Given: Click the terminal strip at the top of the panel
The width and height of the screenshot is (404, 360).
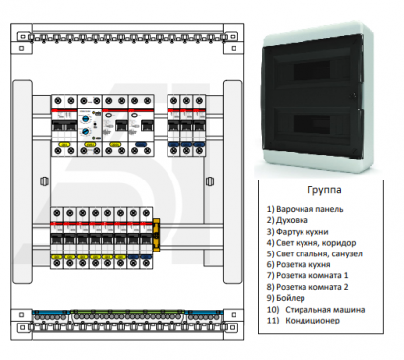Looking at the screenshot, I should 129,36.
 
